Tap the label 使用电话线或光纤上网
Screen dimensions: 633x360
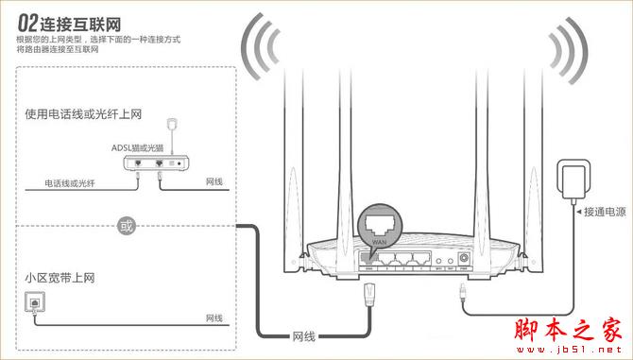point(83,114)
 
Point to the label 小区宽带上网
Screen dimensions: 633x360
point(60,279)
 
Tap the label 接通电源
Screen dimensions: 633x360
point(606,211)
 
